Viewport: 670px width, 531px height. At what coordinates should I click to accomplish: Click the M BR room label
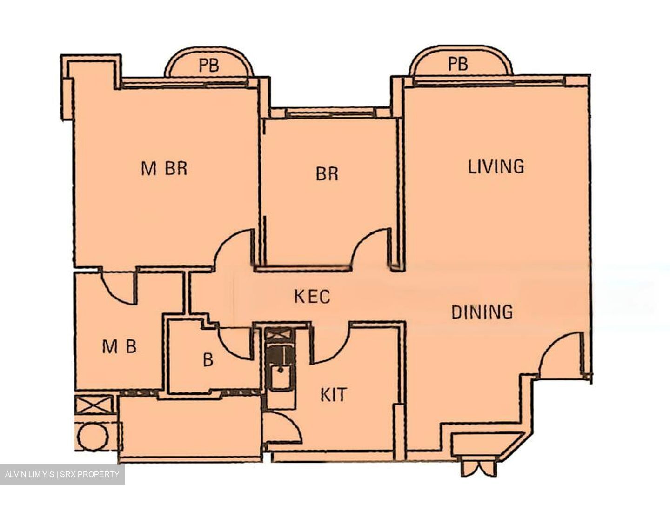pyautogui.click(x=164, y=168)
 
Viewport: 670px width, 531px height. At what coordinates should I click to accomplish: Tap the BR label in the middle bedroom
pyautogui.click(x=327, y=174)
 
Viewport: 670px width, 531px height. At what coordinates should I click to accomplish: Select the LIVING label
pyautogui.click(x=496, y=166)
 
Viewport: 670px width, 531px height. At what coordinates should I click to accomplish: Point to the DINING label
pyautogui.click(x=482, y=312)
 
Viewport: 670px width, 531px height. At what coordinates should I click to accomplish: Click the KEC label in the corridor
pyautogui.click(x=312, y=296)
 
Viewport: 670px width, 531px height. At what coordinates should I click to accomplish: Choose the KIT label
pyautogui.click(x=334, y=395)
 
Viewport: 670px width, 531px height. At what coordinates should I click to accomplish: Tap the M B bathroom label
pyautogui.click(x=119, y=346)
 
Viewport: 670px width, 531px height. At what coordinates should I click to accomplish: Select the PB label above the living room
pyautogui.click(x=458, y=64)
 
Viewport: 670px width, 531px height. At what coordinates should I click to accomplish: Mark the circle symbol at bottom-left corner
pyautogui.click(x=93, y=436)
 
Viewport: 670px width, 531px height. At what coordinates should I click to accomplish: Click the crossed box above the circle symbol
pyautogui.click(x=94, y=405)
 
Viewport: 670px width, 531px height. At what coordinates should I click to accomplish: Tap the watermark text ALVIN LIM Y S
pyautogui.click(x=30, y=475)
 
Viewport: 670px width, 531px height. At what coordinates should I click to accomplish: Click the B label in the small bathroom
pyautogui.click(x=208, y=359)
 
